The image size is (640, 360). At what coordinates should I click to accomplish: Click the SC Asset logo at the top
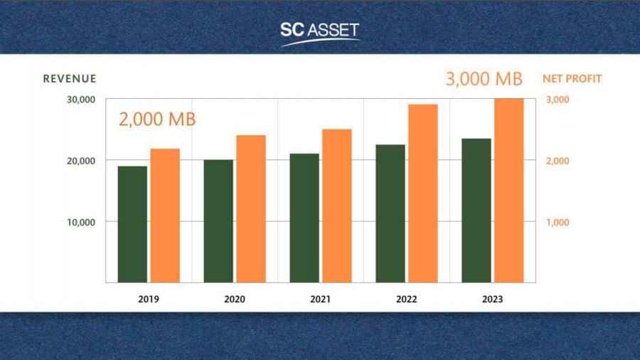[320, 31]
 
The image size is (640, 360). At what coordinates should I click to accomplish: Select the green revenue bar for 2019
[132, 224]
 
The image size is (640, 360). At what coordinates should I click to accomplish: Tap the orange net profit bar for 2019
[165, 216]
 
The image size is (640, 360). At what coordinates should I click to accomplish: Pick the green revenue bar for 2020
[218, 221]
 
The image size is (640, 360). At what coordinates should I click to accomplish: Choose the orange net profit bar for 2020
[251, 208]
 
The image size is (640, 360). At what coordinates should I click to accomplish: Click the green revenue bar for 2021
[304, 218]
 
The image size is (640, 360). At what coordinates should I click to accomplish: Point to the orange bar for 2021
[337, 206]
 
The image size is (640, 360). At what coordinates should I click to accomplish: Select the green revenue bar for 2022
[390, 213]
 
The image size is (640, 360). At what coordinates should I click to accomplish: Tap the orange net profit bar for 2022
[423, 194]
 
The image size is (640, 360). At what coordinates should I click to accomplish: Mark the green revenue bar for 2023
[476, 211]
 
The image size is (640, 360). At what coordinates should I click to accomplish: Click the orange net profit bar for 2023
[509, 190]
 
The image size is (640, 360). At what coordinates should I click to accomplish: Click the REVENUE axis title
[70, 79]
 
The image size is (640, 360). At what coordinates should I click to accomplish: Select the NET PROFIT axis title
[572, 79]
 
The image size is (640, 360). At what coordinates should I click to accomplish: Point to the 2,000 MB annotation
[157, 120]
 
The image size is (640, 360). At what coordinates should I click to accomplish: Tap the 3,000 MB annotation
[484, 79]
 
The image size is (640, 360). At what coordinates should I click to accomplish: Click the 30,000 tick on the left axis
[81, 100]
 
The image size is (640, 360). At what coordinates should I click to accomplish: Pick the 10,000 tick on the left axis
[81, 222]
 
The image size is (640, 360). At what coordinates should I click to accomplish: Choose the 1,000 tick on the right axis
[558, 222]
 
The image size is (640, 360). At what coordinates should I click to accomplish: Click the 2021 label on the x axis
[320, 300]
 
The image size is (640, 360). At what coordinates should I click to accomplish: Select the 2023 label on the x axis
[492, 300]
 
